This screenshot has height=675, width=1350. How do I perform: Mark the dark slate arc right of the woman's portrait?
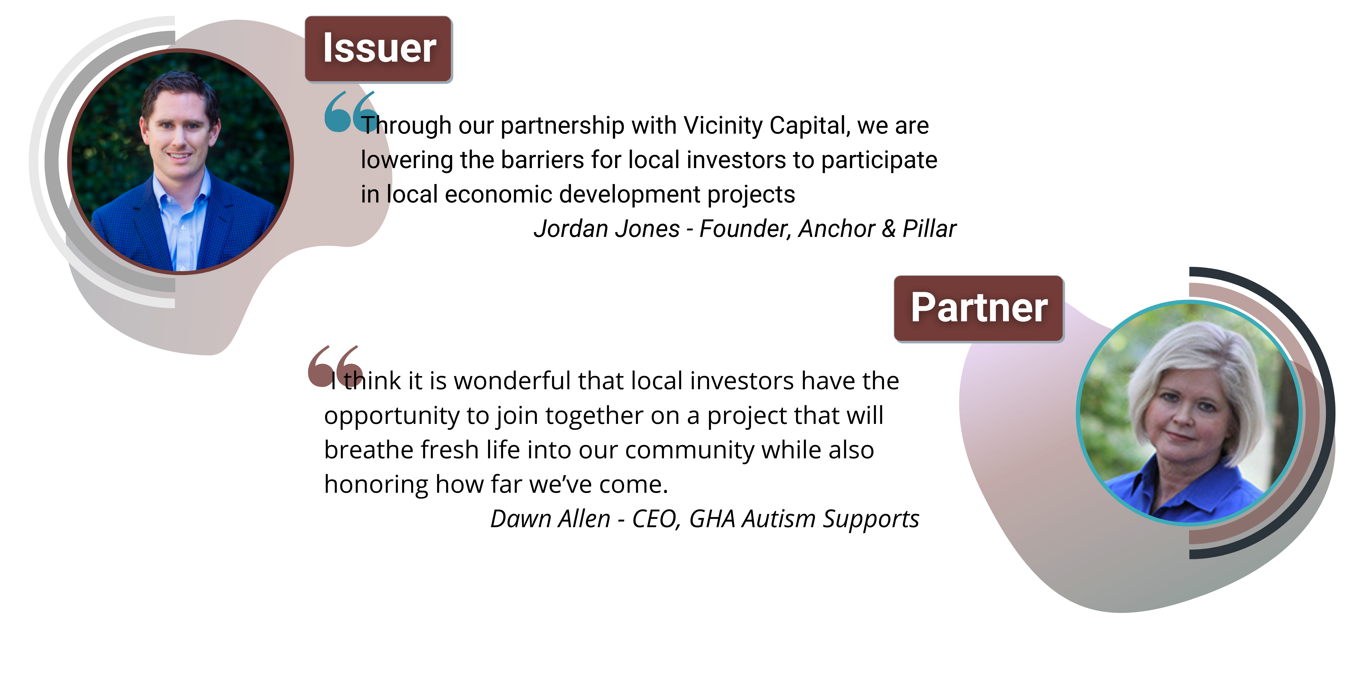(1329, 419)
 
